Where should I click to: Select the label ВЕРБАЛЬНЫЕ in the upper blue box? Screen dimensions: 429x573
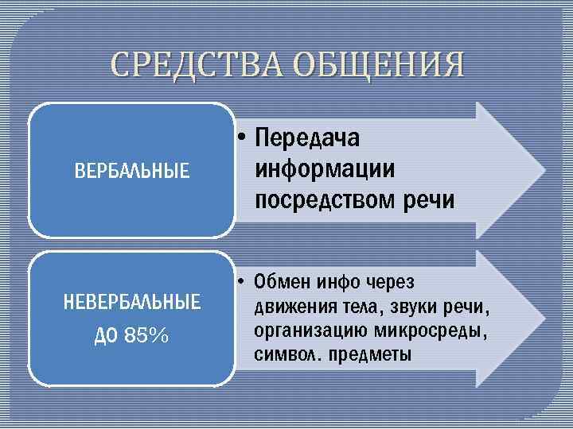coord(131,170)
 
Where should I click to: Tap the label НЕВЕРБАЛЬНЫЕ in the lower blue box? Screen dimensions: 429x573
coord(131,302)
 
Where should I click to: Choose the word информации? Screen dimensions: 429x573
coord(325,169)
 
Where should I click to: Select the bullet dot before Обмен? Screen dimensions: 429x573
coord(240,282)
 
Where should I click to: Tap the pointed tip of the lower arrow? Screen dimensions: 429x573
coord(544,318)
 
